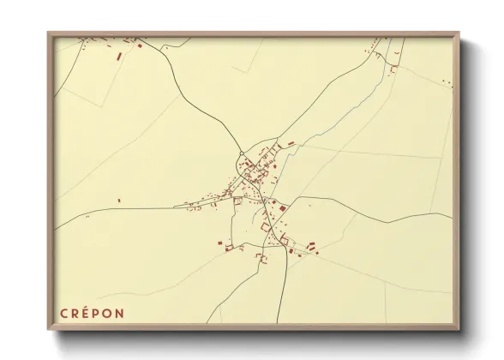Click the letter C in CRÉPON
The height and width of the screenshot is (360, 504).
click(x=64, y=313)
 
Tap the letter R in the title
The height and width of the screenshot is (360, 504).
click(x=75, y=313)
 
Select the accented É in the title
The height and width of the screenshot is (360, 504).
click(x=87, y=312)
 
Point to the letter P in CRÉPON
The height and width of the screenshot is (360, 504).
click(x=97, y=313)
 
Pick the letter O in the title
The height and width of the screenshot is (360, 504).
click(x=108, y=313)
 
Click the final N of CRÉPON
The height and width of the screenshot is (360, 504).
click(x=120, y=313)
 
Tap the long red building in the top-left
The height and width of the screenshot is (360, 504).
click(x=118, y=57)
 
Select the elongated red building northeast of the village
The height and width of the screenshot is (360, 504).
click(x=291, y=143)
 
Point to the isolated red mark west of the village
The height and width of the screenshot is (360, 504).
click(x=119, y=201)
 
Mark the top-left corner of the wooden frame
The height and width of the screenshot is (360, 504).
click(x=49, y=33)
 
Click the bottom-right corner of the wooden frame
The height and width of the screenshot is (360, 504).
click(x=458, y=328)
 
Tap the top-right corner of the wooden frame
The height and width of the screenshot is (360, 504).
click(x=458, y=33)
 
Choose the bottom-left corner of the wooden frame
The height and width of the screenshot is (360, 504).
click(x=49, y=328)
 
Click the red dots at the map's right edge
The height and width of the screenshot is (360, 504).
click(x=447, y=82)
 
